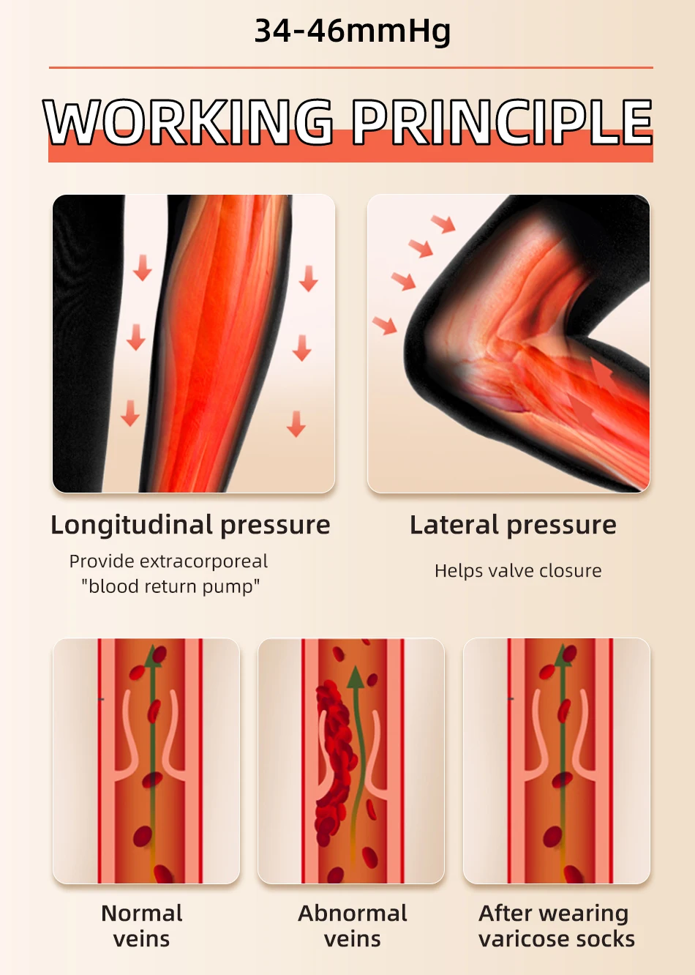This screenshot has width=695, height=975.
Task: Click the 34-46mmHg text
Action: [x=352, y=31]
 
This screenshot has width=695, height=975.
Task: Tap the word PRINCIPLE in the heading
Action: [x=502, y=122]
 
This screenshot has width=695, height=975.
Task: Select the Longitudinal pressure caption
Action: [x=190, y=525]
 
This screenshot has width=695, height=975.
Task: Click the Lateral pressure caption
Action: [x=513, y=525]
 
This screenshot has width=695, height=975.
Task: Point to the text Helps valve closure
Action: [x=518, y=571]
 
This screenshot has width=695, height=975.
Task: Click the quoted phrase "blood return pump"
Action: [x=170, y=586]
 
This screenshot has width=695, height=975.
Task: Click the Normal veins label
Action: [x=142, y=926]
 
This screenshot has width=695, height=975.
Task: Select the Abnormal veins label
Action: [x=352, y=926]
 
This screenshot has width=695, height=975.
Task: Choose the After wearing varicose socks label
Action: [x=556, y=926]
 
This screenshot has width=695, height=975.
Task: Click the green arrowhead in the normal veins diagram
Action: [x=153, y=657]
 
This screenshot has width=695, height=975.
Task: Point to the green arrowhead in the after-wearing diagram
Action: [x=563, y=657]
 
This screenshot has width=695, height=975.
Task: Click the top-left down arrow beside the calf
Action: [x=142, y=268]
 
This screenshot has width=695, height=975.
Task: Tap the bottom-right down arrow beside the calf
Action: [x=296, y=424]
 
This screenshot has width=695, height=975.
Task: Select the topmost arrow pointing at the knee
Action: [x=443, y=223]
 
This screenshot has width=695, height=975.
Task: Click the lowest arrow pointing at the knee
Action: [x=385, y=324]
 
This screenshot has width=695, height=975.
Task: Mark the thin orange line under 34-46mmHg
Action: [x=350, y=67]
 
